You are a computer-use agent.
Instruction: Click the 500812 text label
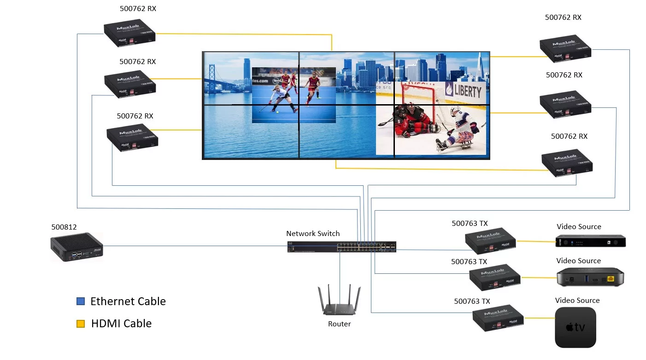click(64, 227)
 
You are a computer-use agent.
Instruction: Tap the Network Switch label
click(313, 233)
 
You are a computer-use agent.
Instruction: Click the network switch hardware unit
click(341, 247)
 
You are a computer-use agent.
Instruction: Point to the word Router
click(340, 324)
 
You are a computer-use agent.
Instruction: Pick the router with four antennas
click(340, 302)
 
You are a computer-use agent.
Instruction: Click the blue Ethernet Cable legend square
click(81, 301)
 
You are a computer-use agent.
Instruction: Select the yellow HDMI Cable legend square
click(81, 324)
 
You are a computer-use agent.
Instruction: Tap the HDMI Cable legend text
click(121, 324)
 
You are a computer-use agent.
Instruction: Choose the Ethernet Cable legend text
click(128, 301)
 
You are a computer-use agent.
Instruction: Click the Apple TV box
click(576, 327)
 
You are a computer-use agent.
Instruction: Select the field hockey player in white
click(282, 98)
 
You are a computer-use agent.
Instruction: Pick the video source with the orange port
click(591, 278)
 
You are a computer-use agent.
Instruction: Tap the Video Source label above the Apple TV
click(577, 301)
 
